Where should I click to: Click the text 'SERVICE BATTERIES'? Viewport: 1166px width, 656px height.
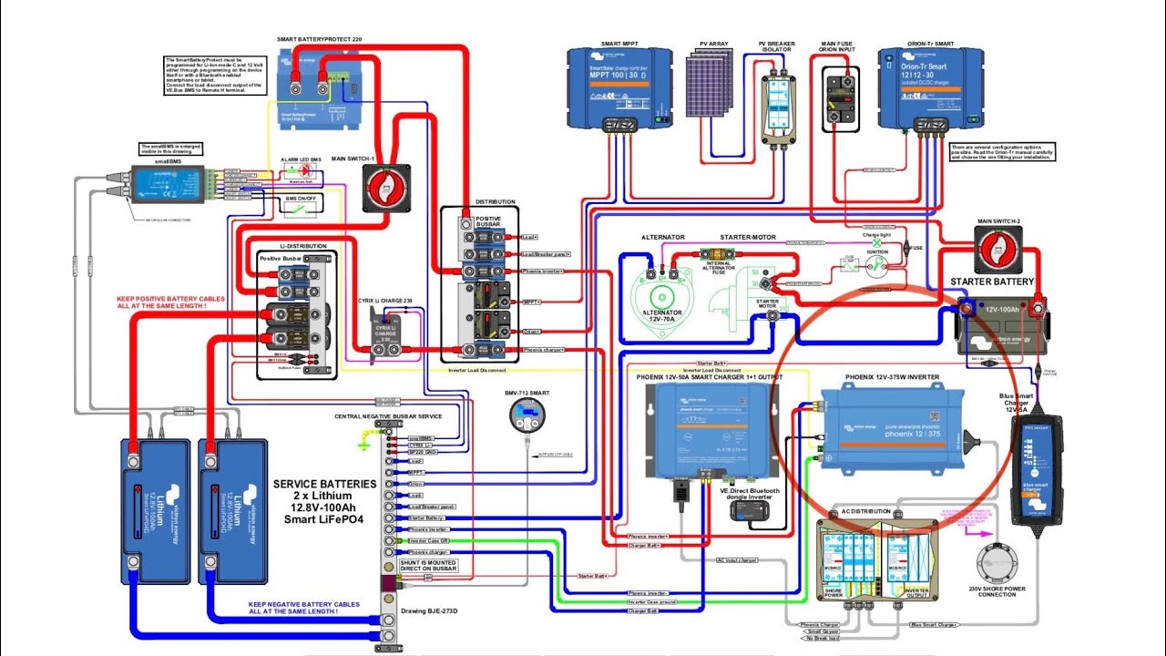click(324, 484)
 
